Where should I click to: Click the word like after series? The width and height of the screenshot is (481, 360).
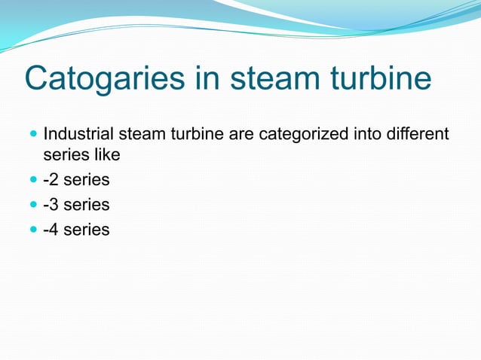pos(106,154)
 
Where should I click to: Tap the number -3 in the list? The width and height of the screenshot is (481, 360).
pos(52,205)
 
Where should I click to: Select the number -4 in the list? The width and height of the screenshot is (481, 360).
pos(52,230)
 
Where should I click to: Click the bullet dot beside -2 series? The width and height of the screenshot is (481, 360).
pos(30,180)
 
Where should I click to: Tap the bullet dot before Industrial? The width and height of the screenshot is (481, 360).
pos(30,136)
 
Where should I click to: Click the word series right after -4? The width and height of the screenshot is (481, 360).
pos(87,230)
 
